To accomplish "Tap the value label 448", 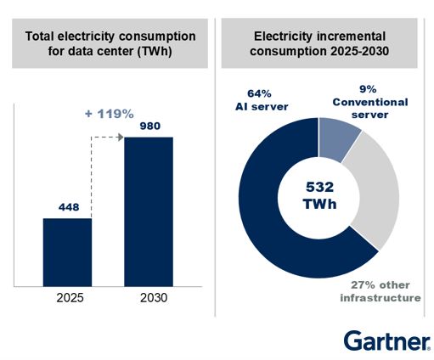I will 67,206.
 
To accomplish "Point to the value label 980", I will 149,125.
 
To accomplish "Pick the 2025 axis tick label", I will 67,300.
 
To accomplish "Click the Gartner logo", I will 386,340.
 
